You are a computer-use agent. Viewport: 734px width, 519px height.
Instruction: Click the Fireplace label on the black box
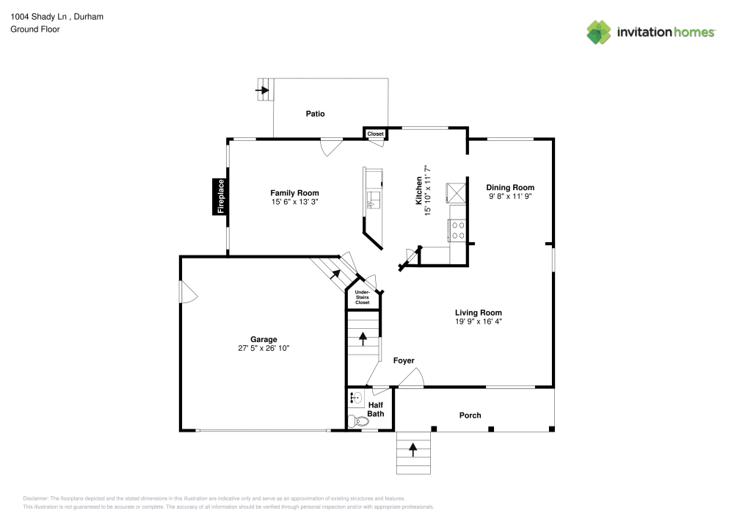pyautogui.click(x=220, y=197)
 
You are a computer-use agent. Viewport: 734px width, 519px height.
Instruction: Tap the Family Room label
pyautogui.click(x=294, y=193)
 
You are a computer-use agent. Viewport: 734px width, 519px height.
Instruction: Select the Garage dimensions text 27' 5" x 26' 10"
pyautogui.click(x=264, y=348)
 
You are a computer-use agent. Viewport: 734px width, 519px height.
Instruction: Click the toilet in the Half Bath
pyautogui.click(x=359, y=421)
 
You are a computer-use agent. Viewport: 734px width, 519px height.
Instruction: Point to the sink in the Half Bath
pyautogui.click(x=356, y=399)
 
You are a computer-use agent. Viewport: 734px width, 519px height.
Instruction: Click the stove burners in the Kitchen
pyautogui.click(x=458, y=231)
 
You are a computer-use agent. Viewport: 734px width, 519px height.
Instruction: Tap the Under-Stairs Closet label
pyautogui.click(x=363, y=297)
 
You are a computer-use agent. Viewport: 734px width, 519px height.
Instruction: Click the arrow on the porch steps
pyautogui.click(x=413, y=450)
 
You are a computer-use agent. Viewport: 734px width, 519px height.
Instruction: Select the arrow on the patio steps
pyautogui.click(x=262, y=90)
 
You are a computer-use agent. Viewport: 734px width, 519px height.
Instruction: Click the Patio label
pyautogui.click(x=315, y=114)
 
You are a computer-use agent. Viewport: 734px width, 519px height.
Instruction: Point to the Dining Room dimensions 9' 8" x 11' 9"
pyautogui.click(x=510, y=196)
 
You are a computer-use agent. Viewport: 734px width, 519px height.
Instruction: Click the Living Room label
pyautogui.click(x=479, y=313)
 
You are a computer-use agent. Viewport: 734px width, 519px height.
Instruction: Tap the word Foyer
pyautogui.click(x=404, y=360)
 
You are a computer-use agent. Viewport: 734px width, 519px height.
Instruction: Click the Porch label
pyautogui.click(x=470, y=415)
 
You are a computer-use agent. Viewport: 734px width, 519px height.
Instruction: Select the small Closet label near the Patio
pyautogui.click(x=375, y=134)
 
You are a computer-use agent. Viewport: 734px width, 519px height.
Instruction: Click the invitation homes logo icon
pyautogui.click(x=599, y=32)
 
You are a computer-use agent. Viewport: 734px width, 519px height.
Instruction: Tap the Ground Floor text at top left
pyautogui.click(x=35, y=29)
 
